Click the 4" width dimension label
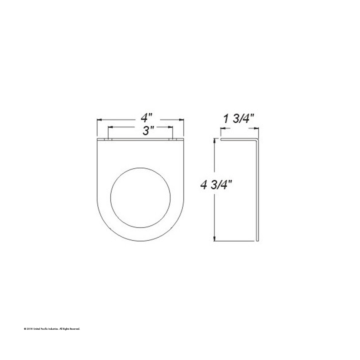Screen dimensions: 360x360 point(147,118)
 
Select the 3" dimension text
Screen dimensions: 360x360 point(148,131)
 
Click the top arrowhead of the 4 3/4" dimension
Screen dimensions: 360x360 point(214,141)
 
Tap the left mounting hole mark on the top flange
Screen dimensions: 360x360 point(108,139)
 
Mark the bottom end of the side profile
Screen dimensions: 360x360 point(257,240)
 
